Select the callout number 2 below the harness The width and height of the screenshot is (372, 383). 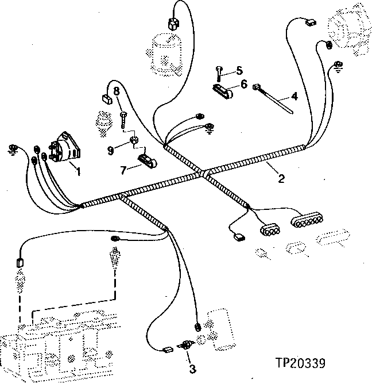281,178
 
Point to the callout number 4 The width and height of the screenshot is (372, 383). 294,96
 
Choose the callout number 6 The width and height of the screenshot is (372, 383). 244,84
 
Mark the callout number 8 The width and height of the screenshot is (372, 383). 116,91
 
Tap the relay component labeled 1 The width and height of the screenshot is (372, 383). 64,147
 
